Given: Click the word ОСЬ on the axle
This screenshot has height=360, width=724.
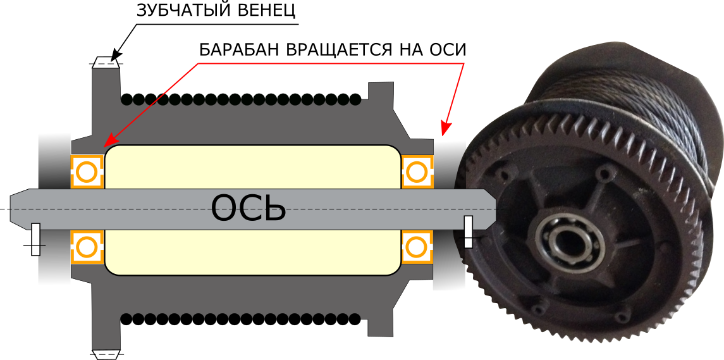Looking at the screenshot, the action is click(x=248, y=208).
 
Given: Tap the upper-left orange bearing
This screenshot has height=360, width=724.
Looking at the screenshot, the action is click(x=87, y=171).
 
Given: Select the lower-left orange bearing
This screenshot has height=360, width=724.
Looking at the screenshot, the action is click(x=87, y=247).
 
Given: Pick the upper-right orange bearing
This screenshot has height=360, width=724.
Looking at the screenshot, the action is click(x=417, y=171).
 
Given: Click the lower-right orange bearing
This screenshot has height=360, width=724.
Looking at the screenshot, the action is click(x=417, y=247).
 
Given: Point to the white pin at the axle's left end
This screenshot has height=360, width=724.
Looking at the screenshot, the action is click(x=35, y=239).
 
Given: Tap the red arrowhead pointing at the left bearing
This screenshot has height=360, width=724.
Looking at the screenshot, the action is click(x=109, y=141).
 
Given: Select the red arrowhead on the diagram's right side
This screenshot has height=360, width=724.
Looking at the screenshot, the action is click(x=445, y=129).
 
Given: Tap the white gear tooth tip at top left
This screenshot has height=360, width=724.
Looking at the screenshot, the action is click(x=106, y=63).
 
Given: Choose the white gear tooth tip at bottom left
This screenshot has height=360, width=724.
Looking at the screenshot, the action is click(x=106, y=354).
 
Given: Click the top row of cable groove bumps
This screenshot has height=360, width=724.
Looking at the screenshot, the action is click(x=240, y=101).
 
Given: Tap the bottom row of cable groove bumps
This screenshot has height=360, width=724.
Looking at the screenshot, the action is click(x=240, y=317).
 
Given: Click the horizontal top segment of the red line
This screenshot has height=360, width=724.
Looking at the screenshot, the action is click(x=329, y=63).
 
